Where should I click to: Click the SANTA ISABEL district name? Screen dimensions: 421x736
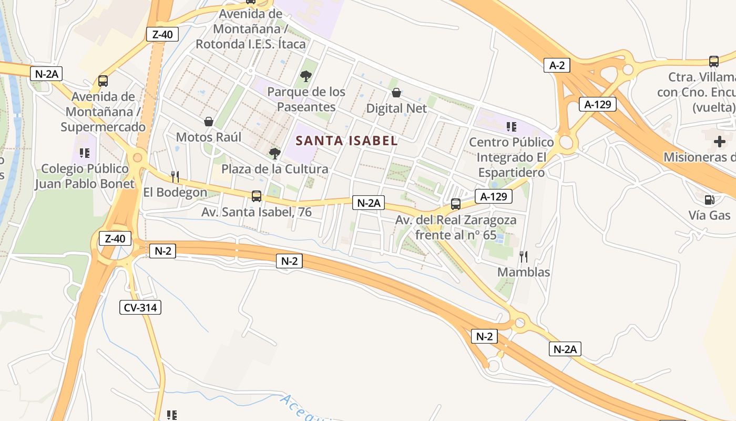346,141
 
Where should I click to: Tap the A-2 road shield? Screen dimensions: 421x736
557,65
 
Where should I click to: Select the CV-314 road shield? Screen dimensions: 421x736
140,307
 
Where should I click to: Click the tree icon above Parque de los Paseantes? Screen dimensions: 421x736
305,77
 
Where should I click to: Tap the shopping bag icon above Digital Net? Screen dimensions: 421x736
396,93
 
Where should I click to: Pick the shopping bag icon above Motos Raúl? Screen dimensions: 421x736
209,122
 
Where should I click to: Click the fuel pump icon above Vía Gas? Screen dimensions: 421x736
709,200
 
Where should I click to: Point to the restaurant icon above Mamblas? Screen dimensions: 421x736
523,256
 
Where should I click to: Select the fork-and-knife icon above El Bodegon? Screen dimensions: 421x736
175,176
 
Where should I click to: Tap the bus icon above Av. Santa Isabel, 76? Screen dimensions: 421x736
257,196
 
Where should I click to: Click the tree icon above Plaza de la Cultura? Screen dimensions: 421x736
274,153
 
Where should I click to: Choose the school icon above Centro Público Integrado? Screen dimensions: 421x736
511,126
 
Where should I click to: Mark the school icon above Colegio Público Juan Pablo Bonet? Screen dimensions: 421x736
84,153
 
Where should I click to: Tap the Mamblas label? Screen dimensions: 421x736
524,272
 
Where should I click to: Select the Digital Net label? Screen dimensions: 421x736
396,108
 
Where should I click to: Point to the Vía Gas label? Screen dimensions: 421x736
710,215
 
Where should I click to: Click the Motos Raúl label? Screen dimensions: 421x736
209,137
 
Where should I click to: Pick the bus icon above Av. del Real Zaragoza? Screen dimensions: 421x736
455,204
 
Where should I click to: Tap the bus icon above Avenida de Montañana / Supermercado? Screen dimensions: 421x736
103,81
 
